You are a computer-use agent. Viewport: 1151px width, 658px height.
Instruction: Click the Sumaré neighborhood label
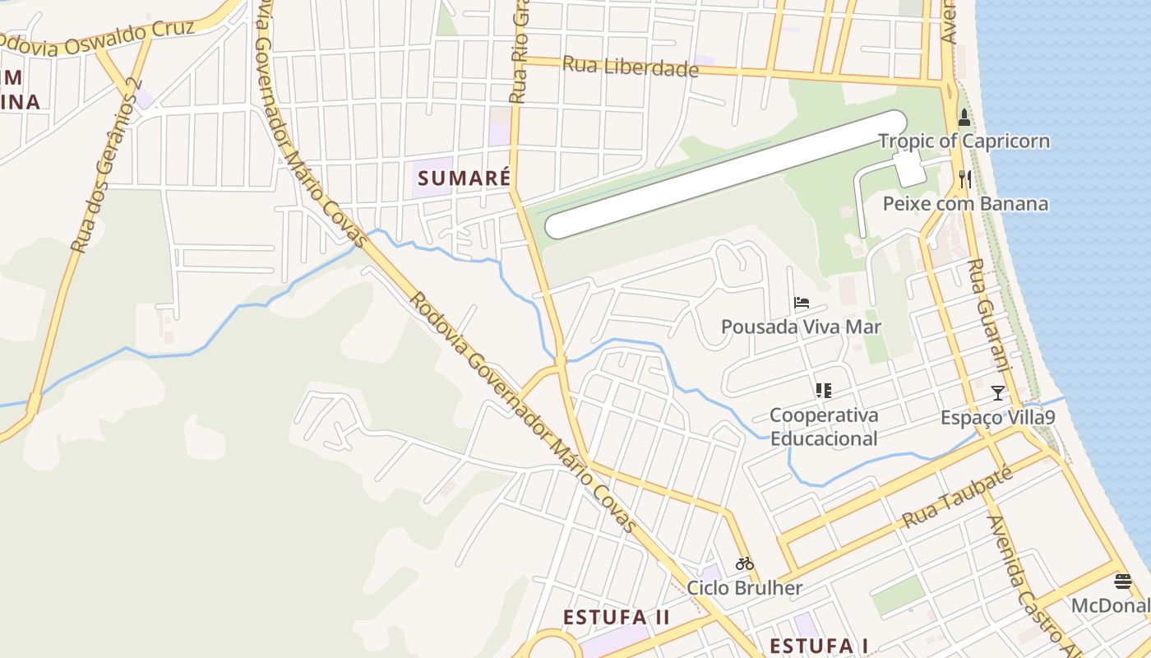[x=464, y=178]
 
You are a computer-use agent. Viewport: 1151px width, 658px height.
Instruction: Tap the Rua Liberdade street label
[x=630, y=67]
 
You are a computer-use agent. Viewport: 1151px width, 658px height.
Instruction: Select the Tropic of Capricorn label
[x=964, y=141]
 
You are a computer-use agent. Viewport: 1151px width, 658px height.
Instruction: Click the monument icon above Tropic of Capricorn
[x=964, y=118]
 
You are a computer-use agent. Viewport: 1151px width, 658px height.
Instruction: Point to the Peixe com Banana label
[x=965, y=203]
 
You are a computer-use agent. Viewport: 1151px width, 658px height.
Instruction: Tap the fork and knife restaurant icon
[x=964, y=178]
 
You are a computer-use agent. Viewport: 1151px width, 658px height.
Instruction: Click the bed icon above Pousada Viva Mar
[x=802, y=304]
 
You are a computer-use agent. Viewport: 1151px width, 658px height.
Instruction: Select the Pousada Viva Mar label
[x=801, y=327]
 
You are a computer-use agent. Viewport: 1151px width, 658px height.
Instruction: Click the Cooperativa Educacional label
[x=824, y=426]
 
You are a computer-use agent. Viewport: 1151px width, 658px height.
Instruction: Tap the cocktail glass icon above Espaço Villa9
[x=997, y=393]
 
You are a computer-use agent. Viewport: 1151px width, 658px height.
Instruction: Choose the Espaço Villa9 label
[x=997, y=418]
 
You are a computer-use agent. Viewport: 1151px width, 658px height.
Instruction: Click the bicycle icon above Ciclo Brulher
[x=745, y=564]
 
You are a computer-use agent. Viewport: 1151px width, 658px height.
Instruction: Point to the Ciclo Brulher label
[x=745, y=588]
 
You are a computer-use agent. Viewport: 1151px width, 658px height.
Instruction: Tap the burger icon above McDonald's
[x=1123, y=582]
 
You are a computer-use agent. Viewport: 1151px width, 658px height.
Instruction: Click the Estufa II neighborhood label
[x=617, y=617]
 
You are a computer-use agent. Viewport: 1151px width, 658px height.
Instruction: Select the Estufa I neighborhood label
[x=819, y=645]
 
